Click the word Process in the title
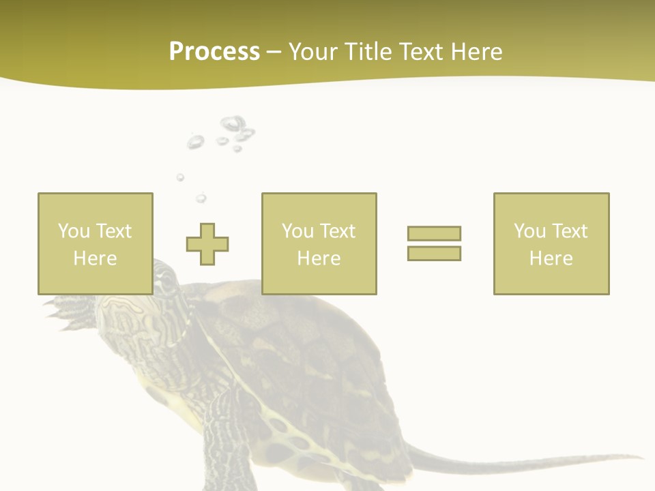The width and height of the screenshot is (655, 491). (214, 52)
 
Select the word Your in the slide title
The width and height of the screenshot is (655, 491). (314, 52)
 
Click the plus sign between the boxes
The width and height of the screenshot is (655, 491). (207, 243)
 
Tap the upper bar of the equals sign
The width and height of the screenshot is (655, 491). (434, 233)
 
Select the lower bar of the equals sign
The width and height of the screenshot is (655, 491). (434, 253)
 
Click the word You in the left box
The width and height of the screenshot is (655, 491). (74, 230)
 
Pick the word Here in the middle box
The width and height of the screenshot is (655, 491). (319, 258)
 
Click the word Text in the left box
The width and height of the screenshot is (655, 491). (113, 230)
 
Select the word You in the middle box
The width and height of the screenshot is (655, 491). (297, 230)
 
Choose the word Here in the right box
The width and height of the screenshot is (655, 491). (551, 258)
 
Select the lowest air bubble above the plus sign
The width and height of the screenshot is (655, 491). (201, 198)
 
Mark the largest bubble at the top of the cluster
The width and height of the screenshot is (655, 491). (233, 123)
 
